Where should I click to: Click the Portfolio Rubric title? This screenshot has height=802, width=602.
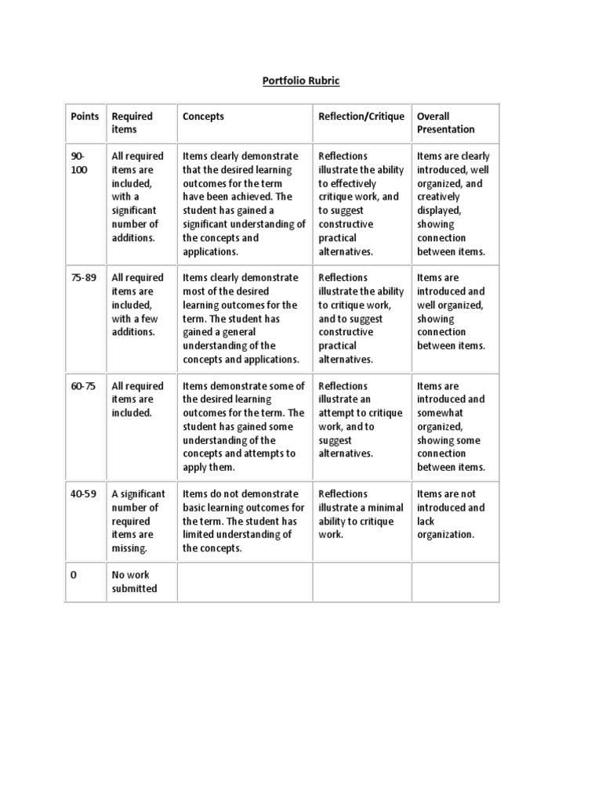pyautogui.click(x=302, y=81)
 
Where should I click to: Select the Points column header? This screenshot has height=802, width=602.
pyautogui.click(x=85, y=116)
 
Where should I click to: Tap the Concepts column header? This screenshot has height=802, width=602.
pyautogui.click(x=203, y=116)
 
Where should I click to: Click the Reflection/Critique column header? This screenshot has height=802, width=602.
pyautogui.click(x=361, y=116)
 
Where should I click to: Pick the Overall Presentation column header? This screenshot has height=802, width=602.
pyautogui.click(x=445, y=123)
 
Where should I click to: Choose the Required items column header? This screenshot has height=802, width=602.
pyautogui.click(x=132, y=123)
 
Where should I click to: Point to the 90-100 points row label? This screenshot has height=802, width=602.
pyautogui.click(x=80, y=163)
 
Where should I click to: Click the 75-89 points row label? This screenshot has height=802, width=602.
pyautogui.click(x=85, y=277)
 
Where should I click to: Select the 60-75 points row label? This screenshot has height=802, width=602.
pyautogui.click(x=85, y=385)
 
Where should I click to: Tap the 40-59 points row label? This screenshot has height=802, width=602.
pyautogui.click(x=85, y=493)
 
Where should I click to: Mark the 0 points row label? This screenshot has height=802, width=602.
pyautogui.click(x=74, y=575)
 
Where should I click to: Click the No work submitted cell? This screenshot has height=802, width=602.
pyautogui.click(x=134, y=582)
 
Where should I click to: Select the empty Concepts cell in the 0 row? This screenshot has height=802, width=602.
pyautogui.click(x=245, y=582)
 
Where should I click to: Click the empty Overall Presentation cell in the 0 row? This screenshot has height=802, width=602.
pyautogui.click(x=455, y=582)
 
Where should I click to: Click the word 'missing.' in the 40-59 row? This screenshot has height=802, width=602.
pyautogui.click(x=129, y=548)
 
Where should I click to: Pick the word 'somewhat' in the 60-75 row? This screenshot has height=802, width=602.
pyautogui.click(x=441, y=413)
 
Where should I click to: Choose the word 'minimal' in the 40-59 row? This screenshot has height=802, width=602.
pyautogui.click(x=385, y=508)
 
